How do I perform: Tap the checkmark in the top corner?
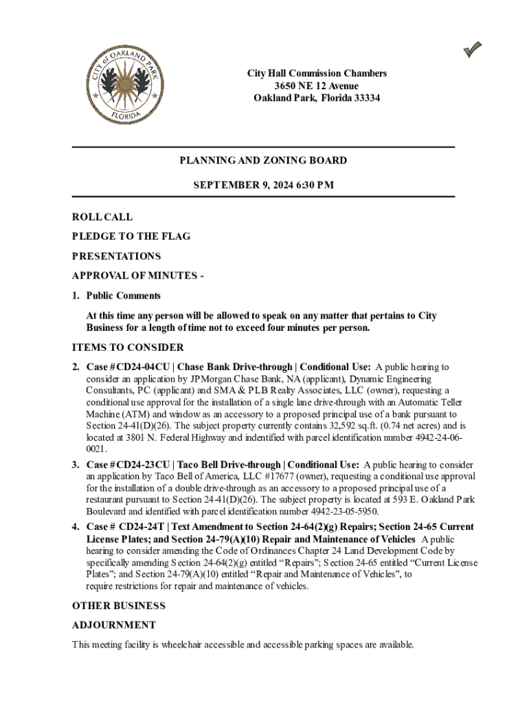click(x=472, y=49)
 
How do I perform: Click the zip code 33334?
click(x=365, y=98)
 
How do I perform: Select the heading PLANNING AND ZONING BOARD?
click(x=263, y=161)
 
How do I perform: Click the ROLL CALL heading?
click(x=102, y=217)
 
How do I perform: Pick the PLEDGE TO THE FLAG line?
click(x=131, y=236)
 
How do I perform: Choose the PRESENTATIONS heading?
click(x=116, y=256)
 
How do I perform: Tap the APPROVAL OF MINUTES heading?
click(x=135, y=276)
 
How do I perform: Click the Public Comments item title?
click(x=123, y=296)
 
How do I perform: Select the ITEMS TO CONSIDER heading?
click(x=127, y=347)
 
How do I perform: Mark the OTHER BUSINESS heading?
click(x=119, y=606)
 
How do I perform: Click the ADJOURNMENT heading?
click(x=114, y=625)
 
